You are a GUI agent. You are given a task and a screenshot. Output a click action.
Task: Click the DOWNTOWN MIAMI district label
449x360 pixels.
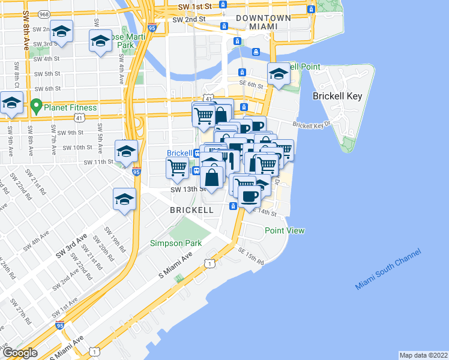(264, 22)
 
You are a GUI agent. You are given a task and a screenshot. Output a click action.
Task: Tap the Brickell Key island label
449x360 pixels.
(336, 96)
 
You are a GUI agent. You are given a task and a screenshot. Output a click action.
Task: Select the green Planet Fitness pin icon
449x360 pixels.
(36, 107)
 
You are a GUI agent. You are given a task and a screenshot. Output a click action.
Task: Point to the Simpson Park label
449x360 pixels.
(176, 242)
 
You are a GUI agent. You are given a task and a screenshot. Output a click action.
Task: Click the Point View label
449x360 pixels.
(285, 230)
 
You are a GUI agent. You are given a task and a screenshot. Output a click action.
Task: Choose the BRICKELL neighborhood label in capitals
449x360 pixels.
(191, 210)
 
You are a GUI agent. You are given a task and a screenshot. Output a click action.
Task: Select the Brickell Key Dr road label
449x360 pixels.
(312, 125)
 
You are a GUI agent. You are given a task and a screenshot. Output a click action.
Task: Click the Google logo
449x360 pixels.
(20, 353)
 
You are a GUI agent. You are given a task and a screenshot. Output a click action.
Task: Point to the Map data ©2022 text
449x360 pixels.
(423, 355)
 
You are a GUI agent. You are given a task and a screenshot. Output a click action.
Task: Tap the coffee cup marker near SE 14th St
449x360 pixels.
(249, 195)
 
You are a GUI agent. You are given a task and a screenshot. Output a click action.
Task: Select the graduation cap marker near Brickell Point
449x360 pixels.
(278, 75)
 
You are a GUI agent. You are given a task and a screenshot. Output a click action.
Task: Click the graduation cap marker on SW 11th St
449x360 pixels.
(126, 152)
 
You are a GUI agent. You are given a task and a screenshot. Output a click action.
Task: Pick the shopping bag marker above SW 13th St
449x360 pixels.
(212, 177)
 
